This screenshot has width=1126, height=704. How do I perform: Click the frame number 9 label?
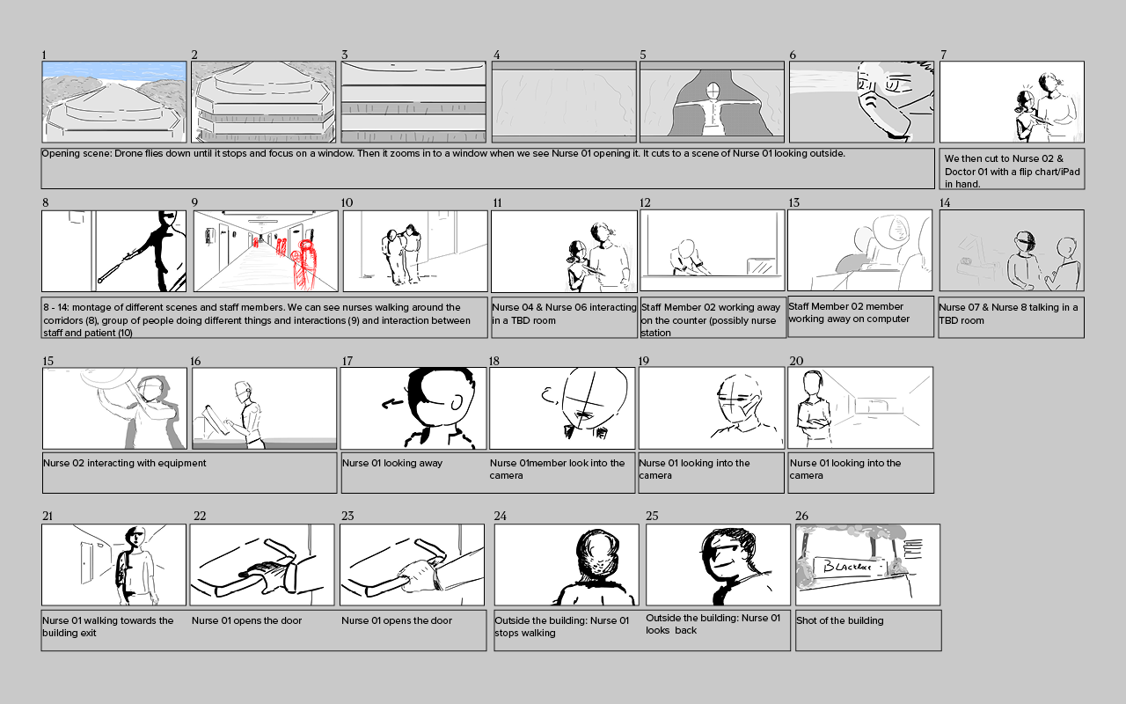[194, 202]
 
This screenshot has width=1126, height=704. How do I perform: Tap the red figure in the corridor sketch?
[304, 264]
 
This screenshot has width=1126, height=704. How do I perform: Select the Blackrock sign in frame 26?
[849, 568]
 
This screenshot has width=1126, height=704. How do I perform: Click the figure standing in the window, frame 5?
[713, 110]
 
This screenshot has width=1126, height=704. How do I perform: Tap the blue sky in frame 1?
[114, 70]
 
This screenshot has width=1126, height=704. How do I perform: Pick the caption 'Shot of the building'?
[839, 620]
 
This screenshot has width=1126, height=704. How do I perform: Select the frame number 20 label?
[796, 361]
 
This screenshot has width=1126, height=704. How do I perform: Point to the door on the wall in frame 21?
[87, 562]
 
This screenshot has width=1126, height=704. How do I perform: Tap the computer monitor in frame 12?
[763, 266]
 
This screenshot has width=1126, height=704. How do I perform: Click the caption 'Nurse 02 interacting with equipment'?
[125, 463]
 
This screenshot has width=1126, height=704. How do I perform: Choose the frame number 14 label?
[945, 202]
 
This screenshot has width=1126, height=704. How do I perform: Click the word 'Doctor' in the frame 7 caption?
[960, 172]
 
